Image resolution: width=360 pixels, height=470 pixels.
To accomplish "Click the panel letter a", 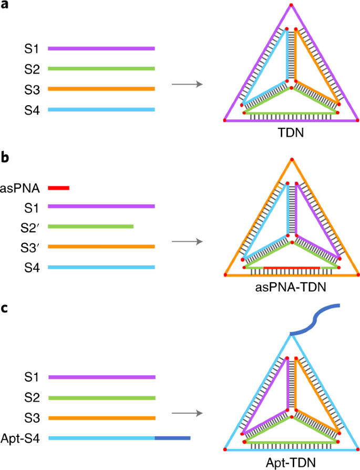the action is click(5, 5).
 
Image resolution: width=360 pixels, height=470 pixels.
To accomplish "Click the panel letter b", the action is click(5, 157).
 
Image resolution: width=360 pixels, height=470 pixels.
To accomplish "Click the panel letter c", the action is click(5, 309).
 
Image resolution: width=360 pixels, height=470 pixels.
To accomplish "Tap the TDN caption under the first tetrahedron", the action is click(291, 132).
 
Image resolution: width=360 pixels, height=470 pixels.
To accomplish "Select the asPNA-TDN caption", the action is click(291, 287).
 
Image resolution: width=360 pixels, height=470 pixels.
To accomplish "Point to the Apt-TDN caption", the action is click(291, 463).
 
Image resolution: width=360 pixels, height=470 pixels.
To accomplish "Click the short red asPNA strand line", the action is click(59, 188).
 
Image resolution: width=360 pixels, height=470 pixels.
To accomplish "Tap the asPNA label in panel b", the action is click(20, 188).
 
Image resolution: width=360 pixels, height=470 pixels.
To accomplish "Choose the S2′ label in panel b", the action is click(30, 228).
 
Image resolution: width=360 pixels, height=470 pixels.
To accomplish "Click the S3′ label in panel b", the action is click(30, 248).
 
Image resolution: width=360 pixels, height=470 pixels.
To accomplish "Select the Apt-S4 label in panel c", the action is click(20, 438).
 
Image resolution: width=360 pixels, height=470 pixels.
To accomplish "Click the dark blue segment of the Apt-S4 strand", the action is click(172, 438).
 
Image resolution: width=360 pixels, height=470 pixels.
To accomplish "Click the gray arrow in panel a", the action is click(187, 84).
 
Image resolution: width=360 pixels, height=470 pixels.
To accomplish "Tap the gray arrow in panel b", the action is click(187, 242).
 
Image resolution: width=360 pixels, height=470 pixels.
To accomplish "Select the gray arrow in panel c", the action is click(187, 413).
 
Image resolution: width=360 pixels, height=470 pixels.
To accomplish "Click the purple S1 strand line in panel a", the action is click(101, 48).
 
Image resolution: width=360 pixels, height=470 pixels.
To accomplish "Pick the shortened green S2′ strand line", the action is click(90, 226).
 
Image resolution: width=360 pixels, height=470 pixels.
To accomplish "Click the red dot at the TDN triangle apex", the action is click(291, 5).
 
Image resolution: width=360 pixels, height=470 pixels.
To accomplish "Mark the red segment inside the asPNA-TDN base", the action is click(292, 268).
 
